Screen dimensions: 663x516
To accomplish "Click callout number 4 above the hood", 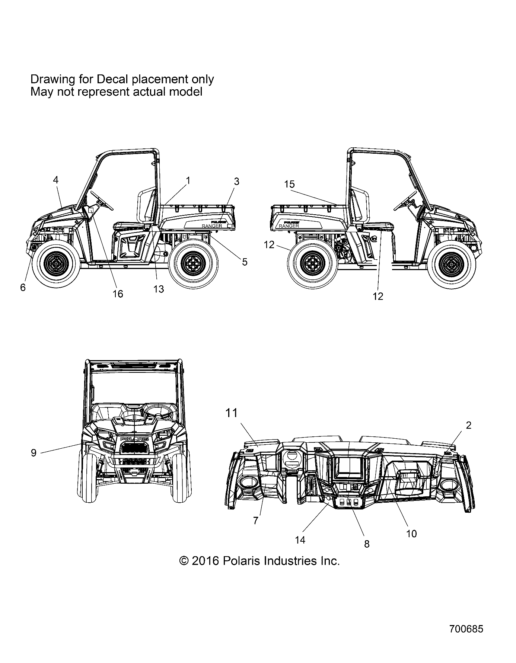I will [x=56, y=180].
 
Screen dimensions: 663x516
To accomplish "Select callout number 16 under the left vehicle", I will [x=118, y=294].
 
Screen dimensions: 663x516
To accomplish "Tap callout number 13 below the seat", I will [x=159, y=289].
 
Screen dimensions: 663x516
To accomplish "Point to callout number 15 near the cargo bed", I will [x=289, y=184].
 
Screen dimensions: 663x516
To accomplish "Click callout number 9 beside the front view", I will [x=34, y=453].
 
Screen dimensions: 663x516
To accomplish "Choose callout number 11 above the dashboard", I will [x=231, y=413].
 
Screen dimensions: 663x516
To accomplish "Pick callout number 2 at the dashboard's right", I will [x=469, y=425].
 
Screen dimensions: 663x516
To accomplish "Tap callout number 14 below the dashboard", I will [x=300, y=540].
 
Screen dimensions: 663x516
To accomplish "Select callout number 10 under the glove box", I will [x=411, y=534].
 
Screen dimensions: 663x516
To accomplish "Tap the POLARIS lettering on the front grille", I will [x=134, y=439].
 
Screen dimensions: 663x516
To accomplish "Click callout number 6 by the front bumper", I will [x=23, y=288].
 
